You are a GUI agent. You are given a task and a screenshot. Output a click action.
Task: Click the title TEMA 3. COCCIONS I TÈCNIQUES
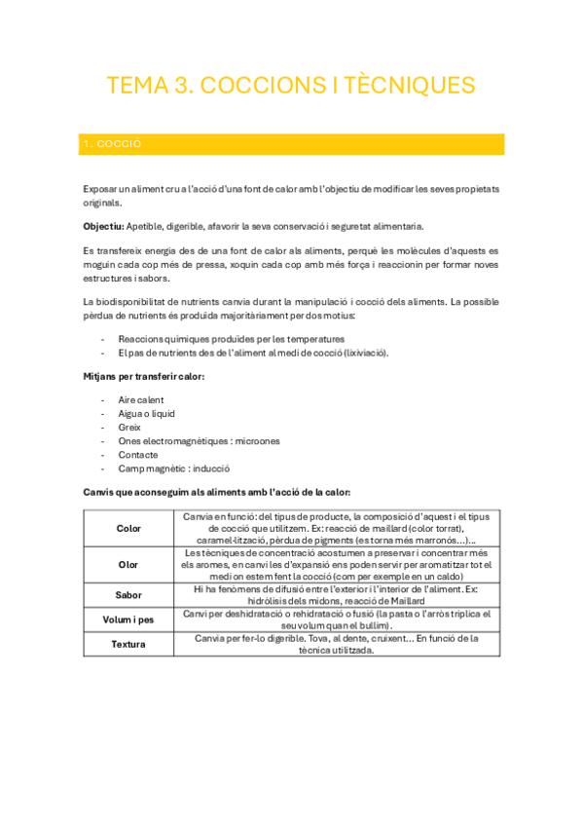click(291, 86)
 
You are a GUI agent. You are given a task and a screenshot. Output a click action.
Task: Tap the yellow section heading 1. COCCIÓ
click(114, 144)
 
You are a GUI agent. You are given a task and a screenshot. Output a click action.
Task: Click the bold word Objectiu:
click(104, 225)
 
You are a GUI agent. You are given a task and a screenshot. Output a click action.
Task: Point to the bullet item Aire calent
click(141, 399)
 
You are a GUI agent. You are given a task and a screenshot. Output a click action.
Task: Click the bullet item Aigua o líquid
click(146, 413)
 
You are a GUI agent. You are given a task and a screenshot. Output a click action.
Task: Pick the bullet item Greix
click(129, 427)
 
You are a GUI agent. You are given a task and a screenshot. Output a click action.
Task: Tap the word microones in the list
click(256, 440)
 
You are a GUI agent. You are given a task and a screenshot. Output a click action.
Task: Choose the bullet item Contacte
click(138, 454)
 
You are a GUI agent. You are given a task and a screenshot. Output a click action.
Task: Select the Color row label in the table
click(128, 528)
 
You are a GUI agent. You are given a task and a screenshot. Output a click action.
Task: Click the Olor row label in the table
click(128, 564)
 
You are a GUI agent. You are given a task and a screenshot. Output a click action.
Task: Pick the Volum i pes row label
click(128, 619)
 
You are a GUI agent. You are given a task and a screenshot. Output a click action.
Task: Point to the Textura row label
click(128, 644)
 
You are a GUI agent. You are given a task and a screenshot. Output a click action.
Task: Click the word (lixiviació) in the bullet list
click(361, 353)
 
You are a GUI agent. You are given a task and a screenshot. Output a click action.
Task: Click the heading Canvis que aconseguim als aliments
click(217, 493)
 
